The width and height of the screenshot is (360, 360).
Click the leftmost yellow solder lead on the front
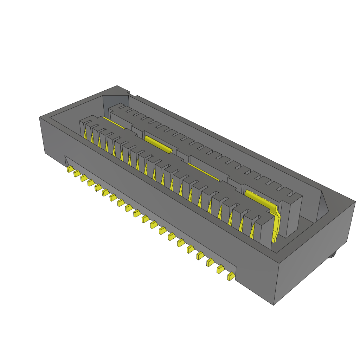[x=70, y=169]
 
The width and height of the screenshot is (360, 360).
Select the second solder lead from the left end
[x=77, y=173]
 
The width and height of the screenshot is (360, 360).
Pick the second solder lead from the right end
[x=220, y=269]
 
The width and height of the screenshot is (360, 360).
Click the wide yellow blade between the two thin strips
[x=158, y=144]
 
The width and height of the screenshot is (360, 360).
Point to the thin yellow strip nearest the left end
[x=113, y=123]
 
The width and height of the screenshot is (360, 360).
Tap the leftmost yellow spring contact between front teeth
[x=85, y=133]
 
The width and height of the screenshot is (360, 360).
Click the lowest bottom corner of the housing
[x=274, y=304]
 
